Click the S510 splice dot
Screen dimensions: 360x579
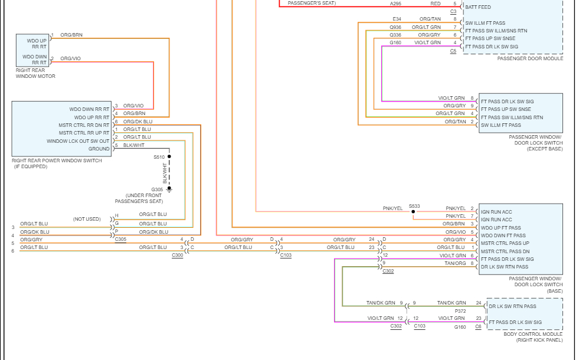[x=169, y=157]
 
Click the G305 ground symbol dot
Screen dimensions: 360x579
[x=169, y=189]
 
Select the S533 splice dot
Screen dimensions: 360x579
[x=413, y=211]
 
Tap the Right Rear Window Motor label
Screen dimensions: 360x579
[x=35, y=73]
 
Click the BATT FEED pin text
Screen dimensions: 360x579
[x=477, y=7]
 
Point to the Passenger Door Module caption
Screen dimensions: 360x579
[x=530, y=58]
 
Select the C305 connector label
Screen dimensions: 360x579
[x=120, y=239]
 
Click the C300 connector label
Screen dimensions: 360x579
[x=178, y=255]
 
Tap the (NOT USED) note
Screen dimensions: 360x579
[x=87, y=219]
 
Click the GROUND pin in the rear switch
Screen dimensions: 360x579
[x=99, y=149]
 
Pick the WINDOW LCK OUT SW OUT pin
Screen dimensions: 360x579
[x=78, y=141]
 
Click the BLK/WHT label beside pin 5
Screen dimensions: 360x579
[x=133, y=145]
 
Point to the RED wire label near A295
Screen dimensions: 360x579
[x=435, y=4]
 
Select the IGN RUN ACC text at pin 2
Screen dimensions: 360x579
[x=496, y=211]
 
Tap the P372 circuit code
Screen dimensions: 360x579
[x=460, y=310]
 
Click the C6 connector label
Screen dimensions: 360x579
[x=478, y=326]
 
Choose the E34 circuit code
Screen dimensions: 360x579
[x=397, y=19]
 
